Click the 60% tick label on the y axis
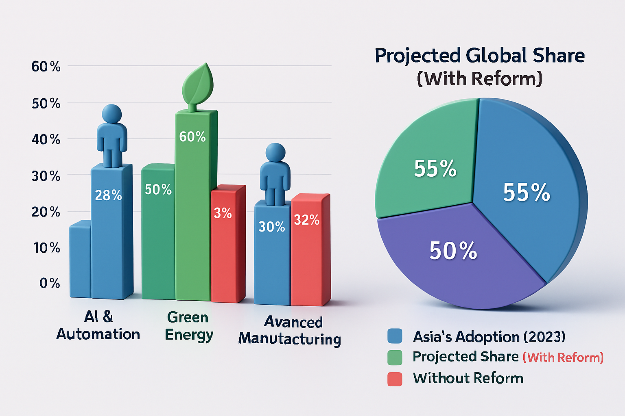pyautogui.click(x=46, y=67)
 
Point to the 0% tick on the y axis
pyautogui.click(x=50, y=283)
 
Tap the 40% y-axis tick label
pyautogui.click(x=46, y=140)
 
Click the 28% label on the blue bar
pyautogui.click(x=108, y=195)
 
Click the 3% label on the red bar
pyautogui.click(x=223, y=213)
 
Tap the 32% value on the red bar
pyautogui.click(x=307, y=220)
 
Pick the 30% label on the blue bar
pyautogui.click(x=272, y=227)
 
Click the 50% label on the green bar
pyautogui.click(x=158, y=189)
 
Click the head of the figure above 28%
pyautogui.click(x=112, y=113)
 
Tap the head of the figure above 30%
pyautogui.click(x=275, y=152)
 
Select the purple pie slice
pyautogui.click(x=456, y=260)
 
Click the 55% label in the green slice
pyautogui.click(x=435, y=168)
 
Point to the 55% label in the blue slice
pyautogui.click(x=527, y=192)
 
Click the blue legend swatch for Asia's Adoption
pyautogui.click(x=395, y=336)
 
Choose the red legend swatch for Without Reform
pyautogui.click(x=395, y=379)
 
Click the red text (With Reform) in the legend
pyautogui.click(x=563, y=357)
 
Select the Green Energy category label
pyautogui.click(x=188, y=326)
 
